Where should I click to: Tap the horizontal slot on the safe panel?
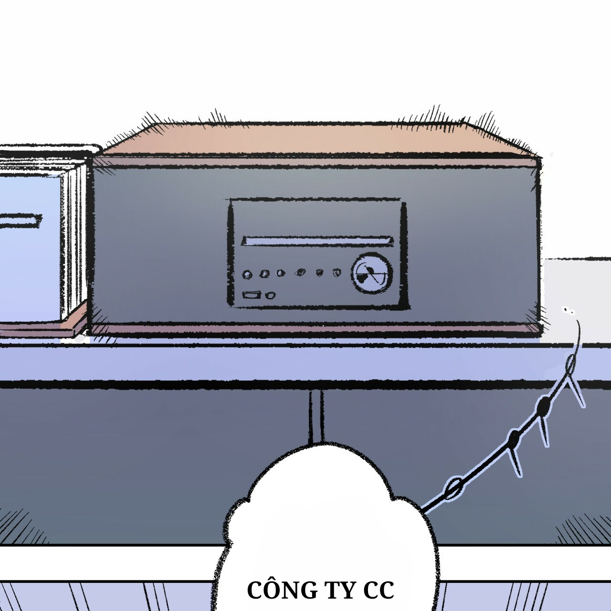317,240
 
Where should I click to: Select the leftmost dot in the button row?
247,274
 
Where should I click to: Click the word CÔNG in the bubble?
280,590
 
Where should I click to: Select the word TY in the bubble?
338,590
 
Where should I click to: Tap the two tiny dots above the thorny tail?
569,311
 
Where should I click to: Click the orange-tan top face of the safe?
315,138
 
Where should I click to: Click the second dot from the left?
263,274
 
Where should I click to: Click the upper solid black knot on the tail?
543,406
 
